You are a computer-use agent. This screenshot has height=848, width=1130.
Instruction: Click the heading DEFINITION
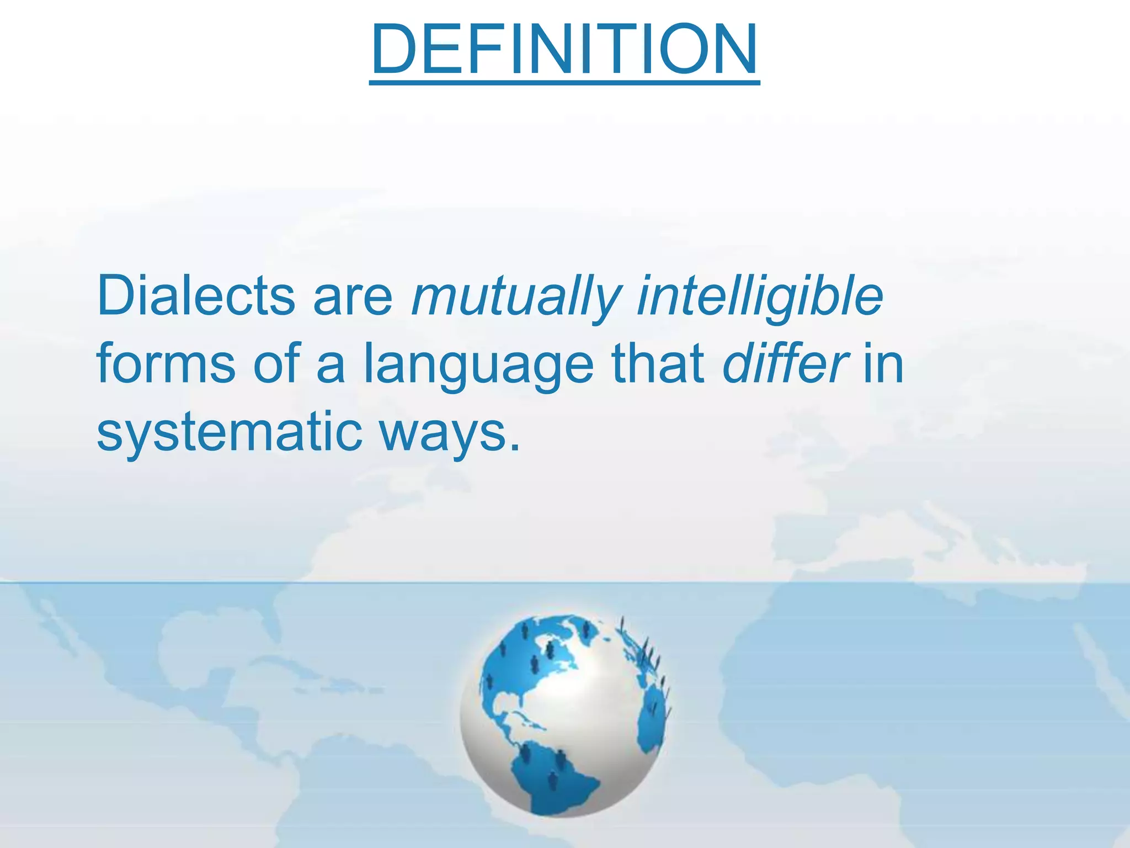[x=564, y=50]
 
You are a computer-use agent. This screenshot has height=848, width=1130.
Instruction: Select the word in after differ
[x=883, y=364]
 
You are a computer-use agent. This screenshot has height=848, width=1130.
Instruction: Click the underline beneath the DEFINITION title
[x=564, y=83]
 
